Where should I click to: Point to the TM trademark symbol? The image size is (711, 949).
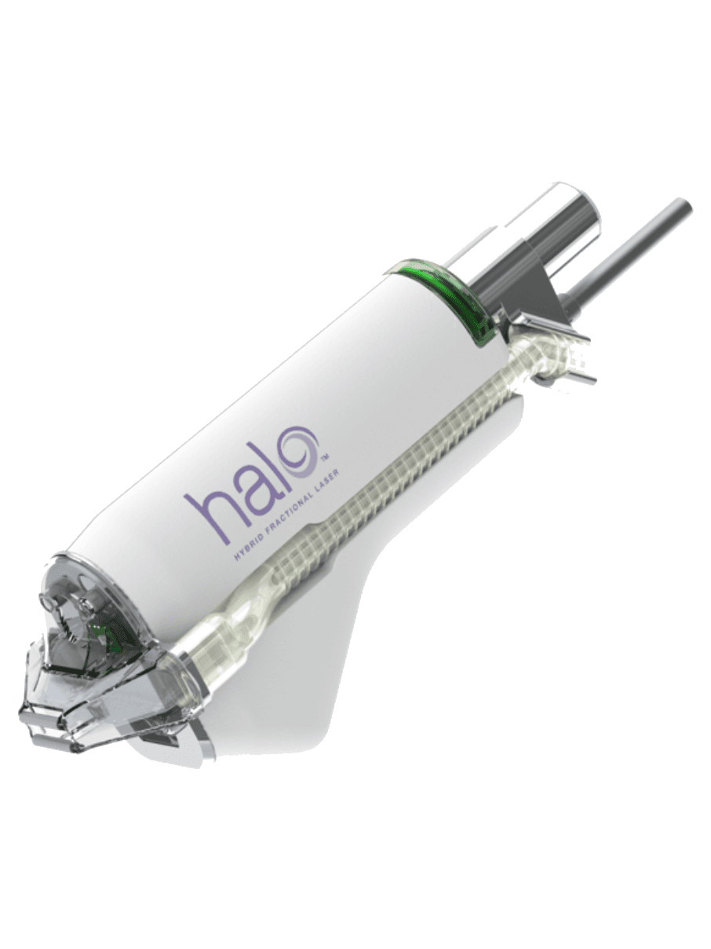pos(326,456)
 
